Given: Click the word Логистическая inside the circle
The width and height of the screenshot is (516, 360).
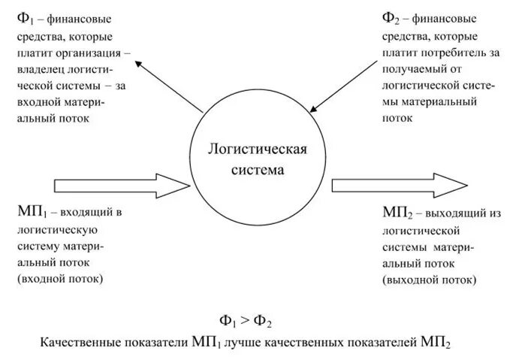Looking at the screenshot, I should pos(258,150).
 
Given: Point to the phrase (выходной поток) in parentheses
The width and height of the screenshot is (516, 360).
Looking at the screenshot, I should pos(428,280).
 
